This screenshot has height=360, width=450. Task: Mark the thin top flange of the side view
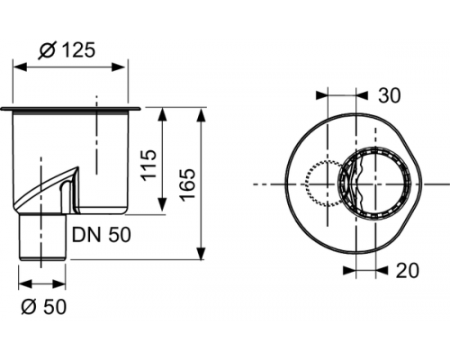pos(72,109)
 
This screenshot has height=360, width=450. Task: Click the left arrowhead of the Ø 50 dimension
pos(22,283)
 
